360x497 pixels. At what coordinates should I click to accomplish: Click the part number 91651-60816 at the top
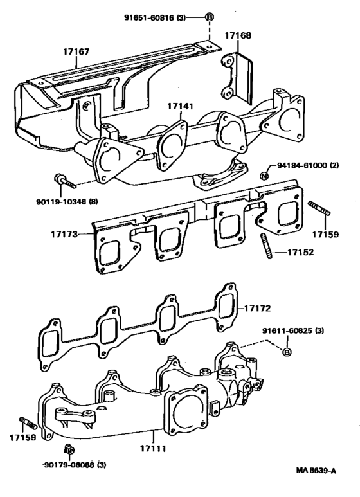(154, 17)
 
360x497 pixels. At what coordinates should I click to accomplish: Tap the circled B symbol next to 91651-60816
(209, 17)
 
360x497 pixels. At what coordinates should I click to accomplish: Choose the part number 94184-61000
(308, 165)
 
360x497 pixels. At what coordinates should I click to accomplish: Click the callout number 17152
(301, 252)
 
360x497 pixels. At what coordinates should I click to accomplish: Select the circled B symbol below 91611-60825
(287, 351)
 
